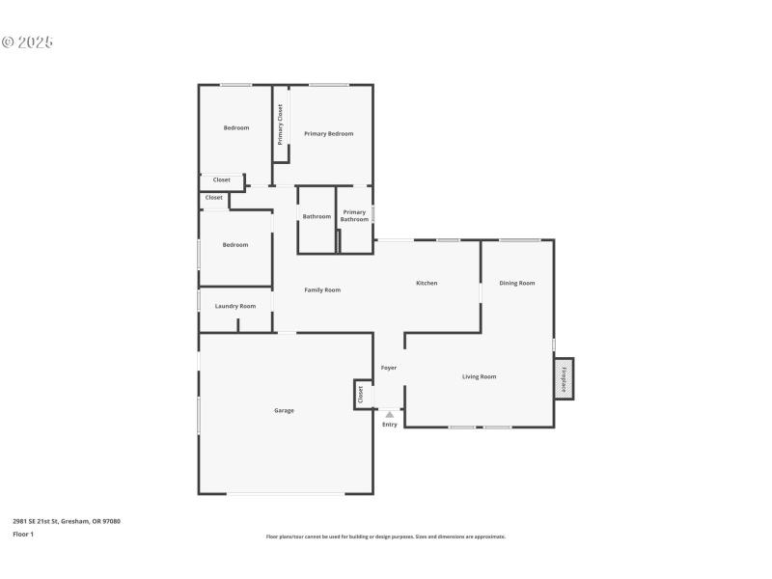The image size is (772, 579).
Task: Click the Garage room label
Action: (284, 410)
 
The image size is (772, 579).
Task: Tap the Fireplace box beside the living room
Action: (564, 377)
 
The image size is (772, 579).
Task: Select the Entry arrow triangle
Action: (390, 415)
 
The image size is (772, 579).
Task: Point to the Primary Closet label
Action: (281, 124)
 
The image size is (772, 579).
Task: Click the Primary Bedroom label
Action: (329, 133)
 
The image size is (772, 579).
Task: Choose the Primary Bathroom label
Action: (354, 215)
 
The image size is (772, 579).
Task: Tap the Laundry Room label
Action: (235, 306)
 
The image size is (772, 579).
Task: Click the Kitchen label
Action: (427, 283)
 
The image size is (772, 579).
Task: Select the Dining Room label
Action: (517, 283)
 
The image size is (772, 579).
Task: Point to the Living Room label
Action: (479, 376)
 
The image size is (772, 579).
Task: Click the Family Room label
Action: (322, 289)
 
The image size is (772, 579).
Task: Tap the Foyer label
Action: (389, 368)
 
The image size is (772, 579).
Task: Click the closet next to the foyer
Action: (361, 394)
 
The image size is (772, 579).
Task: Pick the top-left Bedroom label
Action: (236, 127)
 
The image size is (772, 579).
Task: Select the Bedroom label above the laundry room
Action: (235, 244)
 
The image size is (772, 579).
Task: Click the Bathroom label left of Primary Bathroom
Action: (317, 216)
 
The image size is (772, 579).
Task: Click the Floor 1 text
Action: (23, 534)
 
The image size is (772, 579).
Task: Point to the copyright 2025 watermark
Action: (27, 42)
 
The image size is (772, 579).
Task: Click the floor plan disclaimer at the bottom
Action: (386, 537)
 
